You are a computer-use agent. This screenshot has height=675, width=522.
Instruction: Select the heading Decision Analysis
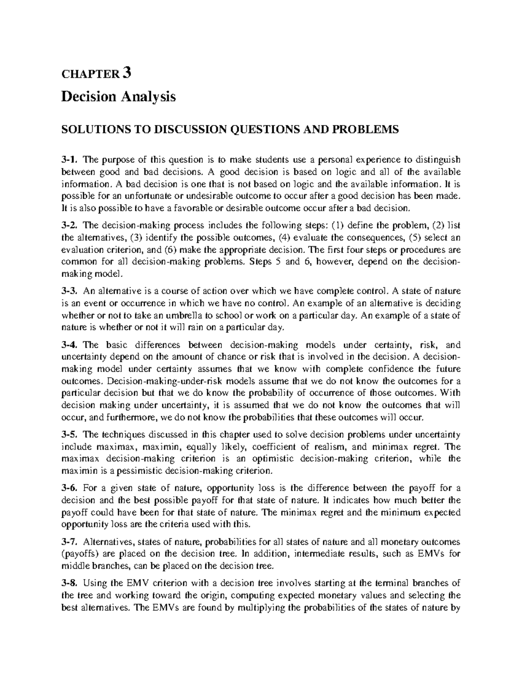click(118, 96)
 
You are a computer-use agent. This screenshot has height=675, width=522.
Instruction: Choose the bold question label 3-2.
click(70, 226)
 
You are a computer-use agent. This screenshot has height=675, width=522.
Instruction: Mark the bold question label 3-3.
click(70, 291)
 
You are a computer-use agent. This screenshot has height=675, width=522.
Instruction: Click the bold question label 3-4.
click(70, 346)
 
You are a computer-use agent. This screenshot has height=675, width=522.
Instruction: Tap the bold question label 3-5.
click(70, 434)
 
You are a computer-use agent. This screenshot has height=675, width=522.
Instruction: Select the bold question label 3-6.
click(70, 488)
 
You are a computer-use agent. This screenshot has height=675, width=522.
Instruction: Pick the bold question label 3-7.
click(70, 542)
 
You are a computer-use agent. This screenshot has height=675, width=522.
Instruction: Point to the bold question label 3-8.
click(70, 583)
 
